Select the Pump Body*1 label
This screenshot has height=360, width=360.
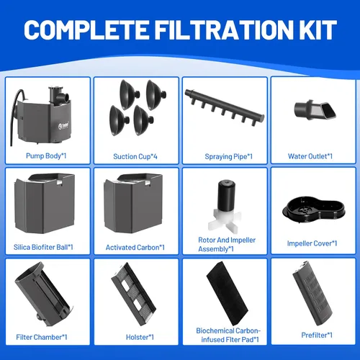coord(46,156)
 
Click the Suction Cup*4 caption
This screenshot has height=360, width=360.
coord(135,156)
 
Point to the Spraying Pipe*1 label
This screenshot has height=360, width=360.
coord(228,156)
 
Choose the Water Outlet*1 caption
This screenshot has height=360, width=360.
coord(310,156)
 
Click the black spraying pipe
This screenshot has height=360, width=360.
coord(225,106)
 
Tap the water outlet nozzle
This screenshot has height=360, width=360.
coord(315,110)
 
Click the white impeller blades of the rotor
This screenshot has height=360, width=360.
coord(224,220)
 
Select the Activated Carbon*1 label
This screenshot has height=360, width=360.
coord(135,248)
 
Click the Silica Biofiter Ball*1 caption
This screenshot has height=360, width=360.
coord(43,247)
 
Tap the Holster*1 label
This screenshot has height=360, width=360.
coord(140,337)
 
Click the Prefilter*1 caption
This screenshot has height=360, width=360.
coord(317,335)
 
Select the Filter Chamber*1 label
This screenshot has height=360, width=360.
coord(42,337)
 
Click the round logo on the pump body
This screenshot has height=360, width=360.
coord(60,126)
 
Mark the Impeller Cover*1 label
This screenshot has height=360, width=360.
coord(312,243)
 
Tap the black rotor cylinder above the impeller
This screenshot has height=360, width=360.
coord(227,195)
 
